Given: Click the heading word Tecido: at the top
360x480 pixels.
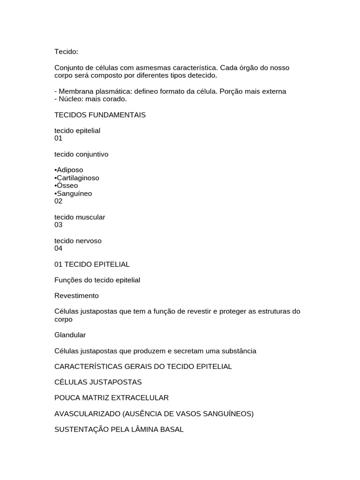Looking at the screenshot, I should click(x=66, y=52).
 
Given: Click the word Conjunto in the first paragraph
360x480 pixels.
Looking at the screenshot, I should click(x=68, y=68).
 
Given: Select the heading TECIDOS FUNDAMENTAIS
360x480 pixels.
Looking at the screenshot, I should click(x=100, y=115).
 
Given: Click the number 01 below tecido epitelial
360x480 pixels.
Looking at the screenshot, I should click(x=58, y=138).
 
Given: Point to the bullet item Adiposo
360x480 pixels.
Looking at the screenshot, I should click(x=69, y=170).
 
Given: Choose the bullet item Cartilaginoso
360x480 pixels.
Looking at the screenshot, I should click(x=77, y=178).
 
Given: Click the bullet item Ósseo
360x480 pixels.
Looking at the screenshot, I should click(x=67, y=186).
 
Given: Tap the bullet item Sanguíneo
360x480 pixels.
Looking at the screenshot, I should click(x=74, y=194).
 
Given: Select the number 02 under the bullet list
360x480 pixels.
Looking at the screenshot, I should click(x=58, y=201).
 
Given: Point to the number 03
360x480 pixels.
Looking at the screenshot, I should click(x=58, y=225).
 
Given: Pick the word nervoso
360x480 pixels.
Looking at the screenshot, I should click(x=88, y=240).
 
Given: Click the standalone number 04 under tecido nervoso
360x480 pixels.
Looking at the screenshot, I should click(x=58, y=248).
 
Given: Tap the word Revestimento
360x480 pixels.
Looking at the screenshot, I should click(x=76, y=296).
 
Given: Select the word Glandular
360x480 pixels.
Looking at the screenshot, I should click(x=70, y=335).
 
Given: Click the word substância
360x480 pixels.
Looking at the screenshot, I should click(x=238, y=351).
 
